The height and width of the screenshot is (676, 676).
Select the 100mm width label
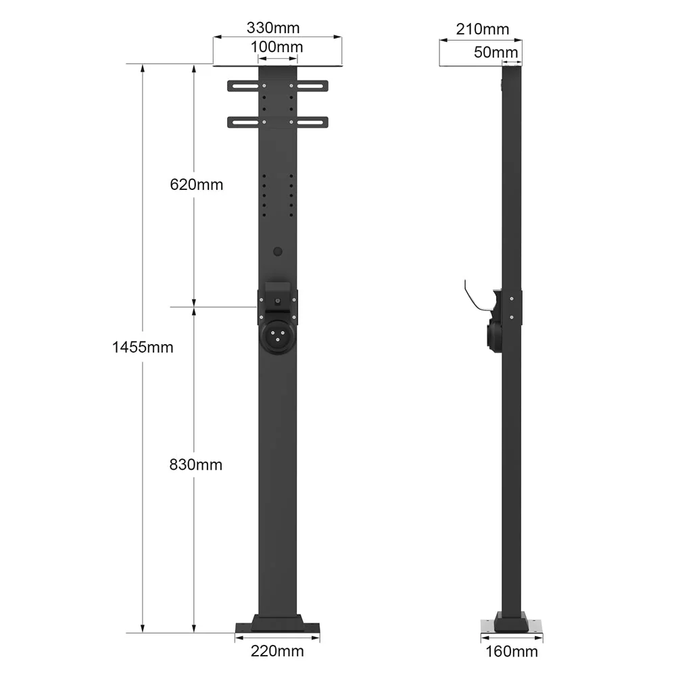pyautogui.click(x=277, y=47)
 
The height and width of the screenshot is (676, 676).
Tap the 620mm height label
pyautogui.click(x=196, y=184)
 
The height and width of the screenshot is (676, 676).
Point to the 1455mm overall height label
pyautogui.click(x=143, y=347)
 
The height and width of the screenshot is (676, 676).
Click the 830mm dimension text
pyautogui.click(x=196, y=465)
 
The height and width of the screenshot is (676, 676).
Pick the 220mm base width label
pyautogui.click(x=277, y=651)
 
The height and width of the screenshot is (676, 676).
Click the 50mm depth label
pyautogui.click(x=496, y=52)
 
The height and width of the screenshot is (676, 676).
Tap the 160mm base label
pyautogui.click(x=512, y=652)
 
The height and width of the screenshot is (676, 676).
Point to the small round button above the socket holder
pyautogui.click(x=277, y=251)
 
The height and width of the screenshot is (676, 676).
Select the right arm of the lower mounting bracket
pyautogui.click(x=312, y=122)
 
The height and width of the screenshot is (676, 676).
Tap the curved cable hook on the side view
pyautogui.click(x=475, y=297)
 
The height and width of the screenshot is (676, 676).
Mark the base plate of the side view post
pyautogui.click(x=512, y=627)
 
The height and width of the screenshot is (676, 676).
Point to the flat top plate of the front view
pyautogui.click(x=277, y=66)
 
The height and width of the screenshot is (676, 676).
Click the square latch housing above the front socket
pyautogui.click(x=277, y=296)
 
